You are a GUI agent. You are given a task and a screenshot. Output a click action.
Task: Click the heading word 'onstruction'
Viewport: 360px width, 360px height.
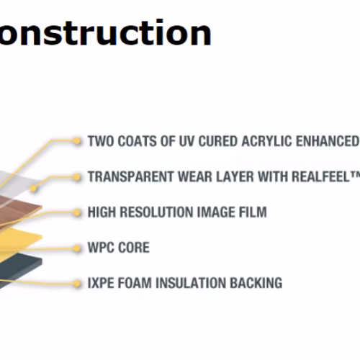[x=106, y=32]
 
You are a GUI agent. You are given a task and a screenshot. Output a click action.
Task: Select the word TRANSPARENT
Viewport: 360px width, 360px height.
[x=130, y=176]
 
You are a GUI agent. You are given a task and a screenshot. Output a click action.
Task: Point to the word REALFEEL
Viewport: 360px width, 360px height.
[x=321, y=176]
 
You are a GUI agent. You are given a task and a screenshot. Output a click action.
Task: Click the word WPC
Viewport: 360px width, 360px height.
[x=101, y=248]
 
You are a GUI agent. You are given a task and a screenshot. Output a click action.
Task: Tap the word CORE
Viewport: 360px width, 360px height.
[x=134, y=248]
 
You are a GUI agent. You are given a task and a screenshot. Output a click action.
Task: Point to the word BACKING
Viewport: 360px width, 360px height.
[x=256, y=283]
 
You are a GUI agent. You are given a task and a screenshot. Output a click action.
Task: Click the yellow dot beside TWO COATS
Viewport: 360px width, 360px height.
[x=77, y=141]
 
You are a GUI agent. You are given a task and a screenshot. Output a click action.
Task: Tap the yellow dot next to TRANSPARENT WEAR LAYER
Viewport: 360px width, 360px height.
[x=77, y=177]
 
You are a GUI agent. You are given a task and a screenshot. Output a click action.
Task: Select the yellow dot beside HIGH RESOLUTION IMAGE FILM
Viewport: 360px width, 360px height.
[x=77, y=212]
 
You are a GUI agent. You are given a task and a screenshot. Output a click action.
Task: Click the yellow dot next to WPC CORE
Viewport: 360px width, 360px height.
[x=77, y=248]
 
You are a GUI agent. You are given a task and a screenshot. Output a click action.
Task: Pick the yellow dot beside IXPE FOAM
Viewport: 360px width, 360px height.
[x=77, y=284]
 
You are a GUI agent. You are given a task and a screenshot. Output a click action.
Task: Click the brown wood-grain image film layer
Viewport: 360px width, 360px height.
[x=17, y=209]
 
